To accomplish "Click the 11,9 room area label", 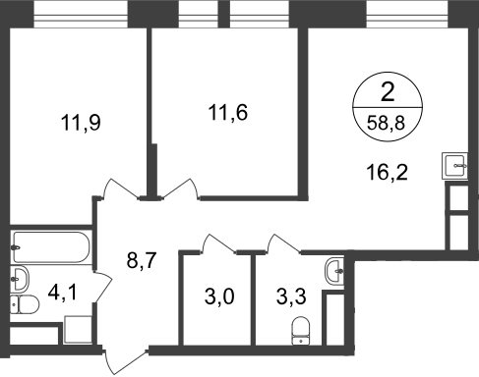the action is tap(81, 123).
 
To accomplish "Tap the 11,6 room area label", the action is tap(228, 112).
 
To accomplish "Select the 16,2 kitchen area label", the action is tap(388, 172).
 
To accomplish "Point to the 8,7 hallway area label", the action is tap(142, 261).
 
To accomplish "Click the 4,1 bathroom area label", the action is tap(63, 293).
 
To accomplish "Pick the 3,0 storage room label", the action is tap(219, 297).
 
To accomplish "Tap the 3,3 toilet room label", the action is tap(291, 297).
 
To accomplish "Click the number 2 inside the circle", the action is tap(388, 92).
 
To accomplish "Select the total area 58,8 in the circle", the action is tap(387, 124).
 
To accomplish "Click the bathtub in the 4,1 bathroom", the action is tap(51, 247).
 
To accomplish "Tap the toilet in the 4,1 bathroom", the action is tap(25, 304).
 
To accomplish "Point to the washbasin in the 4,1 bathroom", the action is tap(20, 279).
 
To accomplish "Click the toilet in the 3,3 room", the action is tap(301, 331).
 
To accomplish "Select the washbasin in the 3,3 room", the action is tap(334, 271).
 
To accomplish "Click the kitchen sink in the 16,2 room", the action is tap(454, 166).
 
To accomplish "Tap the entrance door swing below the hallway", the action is tap(125, 361).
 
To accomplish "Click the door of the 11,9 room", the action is tap(120, 189).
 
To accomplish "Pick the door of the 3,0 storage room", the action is tap(218, 243).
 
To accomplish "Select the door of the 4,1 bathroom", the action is tap(102, 287).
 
